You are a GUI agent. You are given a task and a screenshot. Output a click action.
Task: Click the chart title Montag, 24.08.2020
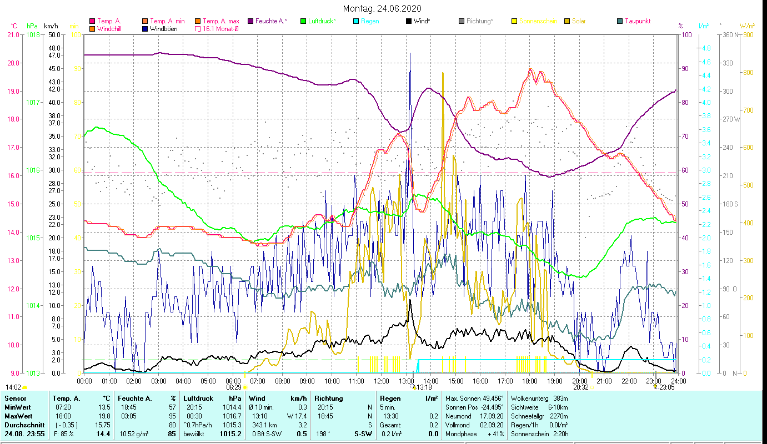tap(382, 8)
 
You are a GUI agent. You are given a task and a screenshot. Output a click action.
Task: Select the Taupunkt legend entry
tap(637, 21)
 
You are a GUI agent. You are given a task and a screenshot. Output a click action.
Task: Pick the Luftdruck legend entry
tap(322, 21)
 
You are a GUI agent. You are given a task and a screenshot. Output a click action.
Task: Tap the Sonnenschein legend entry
tap(538, 21)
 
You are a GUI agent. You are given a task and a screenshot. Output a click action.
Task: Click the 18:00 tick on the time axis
tap(530, 381)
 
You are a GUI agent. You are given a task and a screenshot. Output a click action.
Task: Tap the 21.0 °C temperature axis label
tap(13, 34)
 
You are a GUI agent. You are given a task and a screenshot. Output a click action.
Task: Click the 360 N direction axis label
tap(729, 34)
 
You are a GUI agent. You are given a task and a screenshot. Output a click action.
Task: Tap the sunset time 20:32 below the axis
tap(580, 387)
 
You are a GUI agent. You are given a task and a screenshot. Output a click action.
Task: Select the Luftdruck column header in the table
tap(198, 398)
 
